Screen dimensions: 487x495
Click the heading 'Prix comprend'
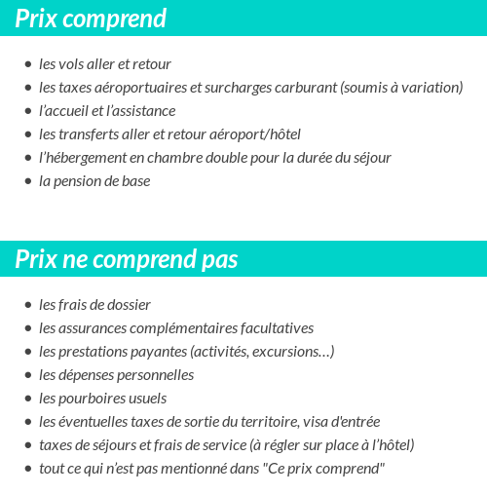coord(91,19)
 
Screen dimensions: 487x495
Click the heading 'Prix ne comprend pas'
coord(127,260)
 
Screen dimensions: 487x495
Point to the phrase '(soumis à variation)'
coord(401,88)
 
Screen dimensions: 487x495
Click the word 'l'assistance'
coord(138,111)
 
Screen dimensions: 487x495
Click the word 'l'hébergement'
coord(82,158)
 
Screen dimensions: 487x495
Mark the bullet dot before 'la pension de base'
coord(27,181)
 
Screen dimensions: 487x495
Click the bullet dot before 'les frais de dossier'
coord(27,305)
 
